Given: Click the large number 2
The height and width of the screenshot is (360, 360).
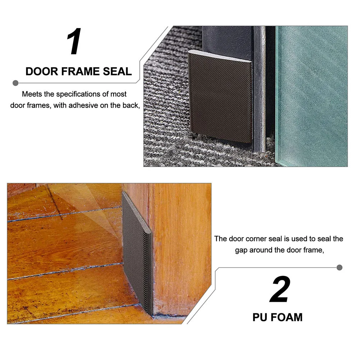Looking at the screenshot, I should click(x=280, y=290).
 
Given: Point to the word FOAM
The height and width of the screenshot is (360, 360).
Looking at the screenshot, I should click(x=286, y=317).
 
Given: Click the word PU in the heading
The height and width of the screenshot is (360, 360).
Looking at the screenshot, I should click(x=260, y=317).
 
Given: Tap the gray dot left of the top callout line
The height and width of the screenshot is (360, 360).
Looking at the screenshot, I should click(x=15, y=83).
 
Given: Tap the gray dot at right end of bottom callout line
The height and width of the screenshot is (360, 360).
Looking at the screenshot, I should click(x=340, y=267).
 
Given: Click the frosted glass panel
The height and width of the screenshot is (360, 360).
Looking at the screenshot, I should click(x=311, y=93).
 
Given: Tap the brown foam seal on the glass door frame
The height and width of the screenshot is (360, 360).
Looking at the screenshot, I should click(x=220, y=95).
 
